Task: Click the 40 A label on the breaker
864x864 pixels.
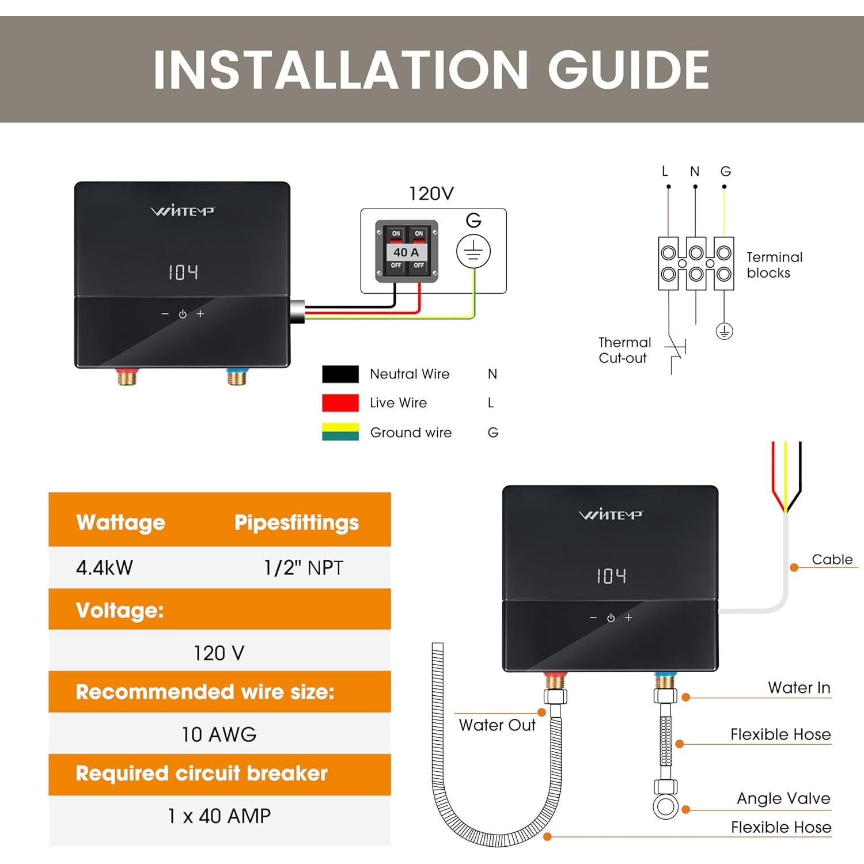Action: [407, 252]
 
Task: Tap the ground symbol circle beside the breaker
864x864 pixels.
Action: [473, 251]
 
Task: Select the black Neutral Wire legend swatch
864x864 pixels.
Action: [340, 374]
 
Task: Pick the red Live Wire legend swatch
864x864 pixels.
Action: [340, 403]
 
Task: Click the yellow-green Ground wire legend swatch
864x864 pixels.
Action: [340, 432]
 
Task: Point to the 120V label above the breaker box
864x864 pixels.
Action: [431, 194]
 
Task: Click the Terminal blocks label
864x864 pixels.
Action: [774, 265]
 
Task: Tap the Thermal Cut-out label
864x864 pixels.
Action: [624, 350]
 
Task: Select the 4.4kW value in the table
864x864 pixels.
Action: [104, 568]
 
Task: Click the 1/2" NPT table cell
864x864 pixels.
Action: [304, 568]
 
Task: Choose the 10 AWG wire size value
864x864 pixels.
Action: [219, 734]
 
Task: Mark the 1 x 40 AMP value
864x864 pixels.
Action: [219, 816]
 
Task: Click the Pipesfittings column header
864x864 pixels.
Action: [296, 522]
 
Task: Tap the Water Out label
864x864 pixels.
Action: [497, 725]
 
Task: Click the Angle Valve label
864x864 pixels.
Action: [783, 798]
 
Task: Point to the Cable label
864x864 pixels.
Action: [832, 559]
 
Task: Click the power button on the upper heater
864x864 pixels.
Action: [183, 314]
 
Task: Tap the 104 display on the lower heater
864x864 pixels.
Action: [611, 576]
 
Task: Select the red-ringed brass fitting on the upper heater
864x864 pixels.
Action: [126, 377]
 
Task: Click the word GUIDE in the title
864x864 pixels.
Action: [628, 70]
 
